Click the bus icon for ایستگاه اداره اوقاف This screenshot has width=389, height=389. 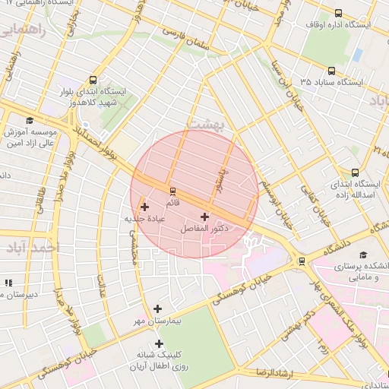pyautogui.click(x=338, y=13)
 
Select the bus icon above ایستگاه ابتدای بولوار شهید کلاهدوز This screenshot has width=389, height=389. pyautogui.click(x=93, y=80)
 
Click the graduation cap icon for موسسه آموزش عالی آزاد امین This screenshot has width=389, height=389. pyautogui.click(x=30, y=120)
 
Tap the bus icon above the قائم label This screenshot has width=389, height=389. pyautogui.click(x=173, y=191)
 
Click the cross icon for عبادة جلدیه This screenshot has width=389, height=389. pyautogui.click(x=144, y=206)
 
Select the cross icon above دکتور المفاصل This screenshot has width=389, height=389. pyautogui.click(x=204, y=217)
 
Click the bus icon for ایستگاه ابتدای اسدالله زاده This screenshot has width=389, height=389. pyautogui.click(x=355, y=172)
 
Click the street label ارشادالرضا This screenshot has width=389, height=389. pyautogui.click(x=271, y=372)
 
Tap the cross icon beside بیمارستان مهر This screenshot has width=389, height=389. pyautogui.click(x=157, y=308)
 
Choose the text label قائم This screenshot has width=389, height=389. pyautogui.click(x=173, y=204)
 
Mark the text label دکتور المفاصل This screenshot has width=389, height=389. pyautogui.click(x=206, y=229)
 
